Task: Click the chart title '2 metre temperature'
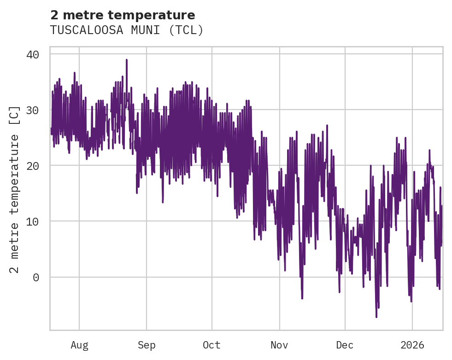coord(123,15)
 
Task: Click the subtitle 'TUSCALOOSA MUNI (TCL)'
coord(127,30)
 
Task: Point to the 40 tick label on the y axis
coord(32,54)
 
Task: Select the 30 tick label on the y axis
coord(32,110)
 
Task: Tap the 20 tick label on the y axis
coord(32,166)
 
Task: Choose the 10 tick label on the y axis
coord(32,221)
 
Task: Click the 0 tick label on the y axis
coord(36,277)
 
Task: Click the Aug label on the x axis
coord(79,345)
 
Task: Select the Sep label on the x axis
coord(147,345)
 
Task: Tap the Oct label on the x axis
coord(212,345)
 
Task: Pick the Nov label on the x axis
coord(279,345)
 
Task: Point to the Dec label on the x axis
coord(345,345)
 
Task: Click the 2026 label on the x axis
coord(412,345)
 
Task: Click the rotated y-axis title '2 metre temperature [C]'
coord(15,189)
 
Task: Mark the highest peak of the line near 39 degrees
coord(126,60)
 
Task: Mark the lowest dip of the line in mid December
coord(376,317)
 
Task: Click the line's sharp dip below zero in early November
coord(302,298)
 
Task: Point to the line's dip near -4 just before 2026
coord(411,301)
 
